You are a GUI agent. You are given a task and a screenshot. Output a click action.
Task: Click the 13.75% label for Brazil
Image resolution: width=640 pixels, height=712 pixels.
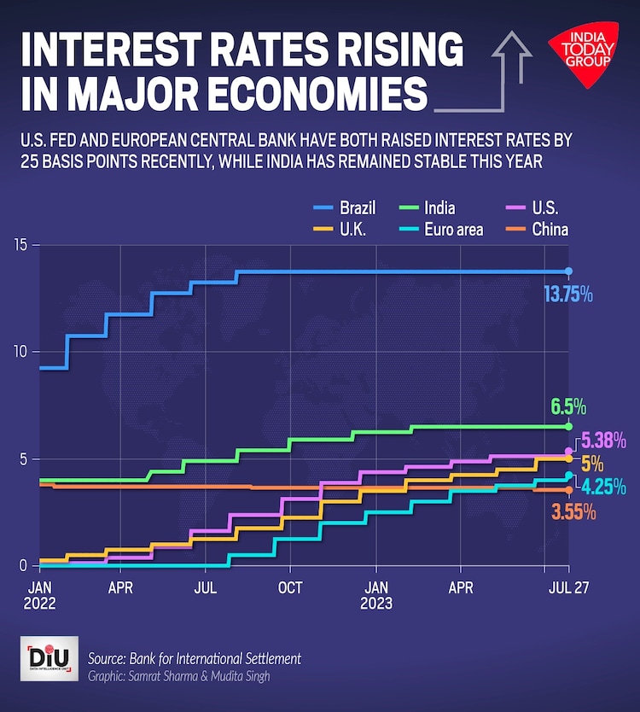point(568,295)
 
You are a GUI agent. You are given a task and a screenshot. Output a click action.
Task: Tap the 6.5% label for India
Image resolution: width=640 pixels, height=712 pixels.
point(568,406)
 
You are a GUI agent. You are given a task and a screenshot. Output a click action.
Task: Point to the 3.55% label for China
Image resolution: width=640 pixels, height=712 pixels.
point(573,512)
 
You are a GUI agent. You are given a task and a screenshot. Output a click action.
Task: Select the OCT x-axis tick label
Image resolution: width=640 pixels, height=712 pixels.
point(290,588)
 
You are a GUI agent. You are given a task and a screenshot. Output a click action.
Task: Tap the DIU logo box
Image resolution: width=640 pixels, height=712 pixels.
point(49,658)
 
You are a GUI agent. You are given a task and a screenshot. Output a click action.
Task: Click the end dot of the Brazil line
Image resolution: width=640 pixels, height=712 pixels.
point(569,271)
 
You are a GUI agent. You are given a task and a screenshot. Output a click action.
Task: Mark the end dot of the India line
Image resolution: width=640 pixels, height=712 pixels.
point(569,426)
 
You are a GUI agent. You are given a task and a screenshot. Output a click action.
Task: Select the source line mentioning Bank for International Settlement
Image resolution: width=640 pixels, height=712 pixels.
point(195,659)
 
